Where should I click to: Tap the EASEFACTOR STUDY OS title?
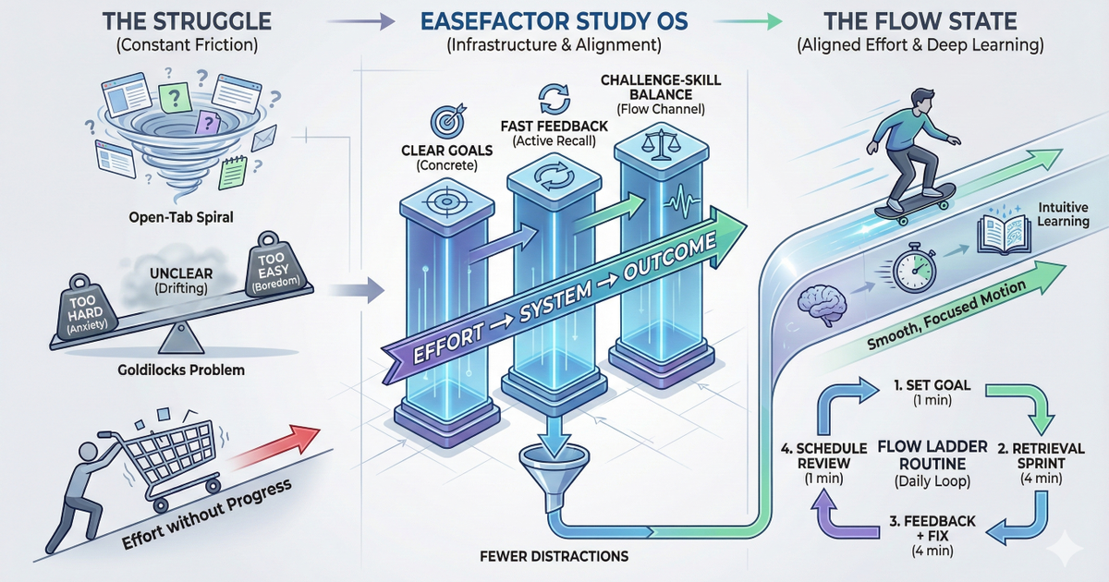tap(554, 20)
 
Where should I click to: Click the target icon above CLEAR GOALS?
tap(441, 122)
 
